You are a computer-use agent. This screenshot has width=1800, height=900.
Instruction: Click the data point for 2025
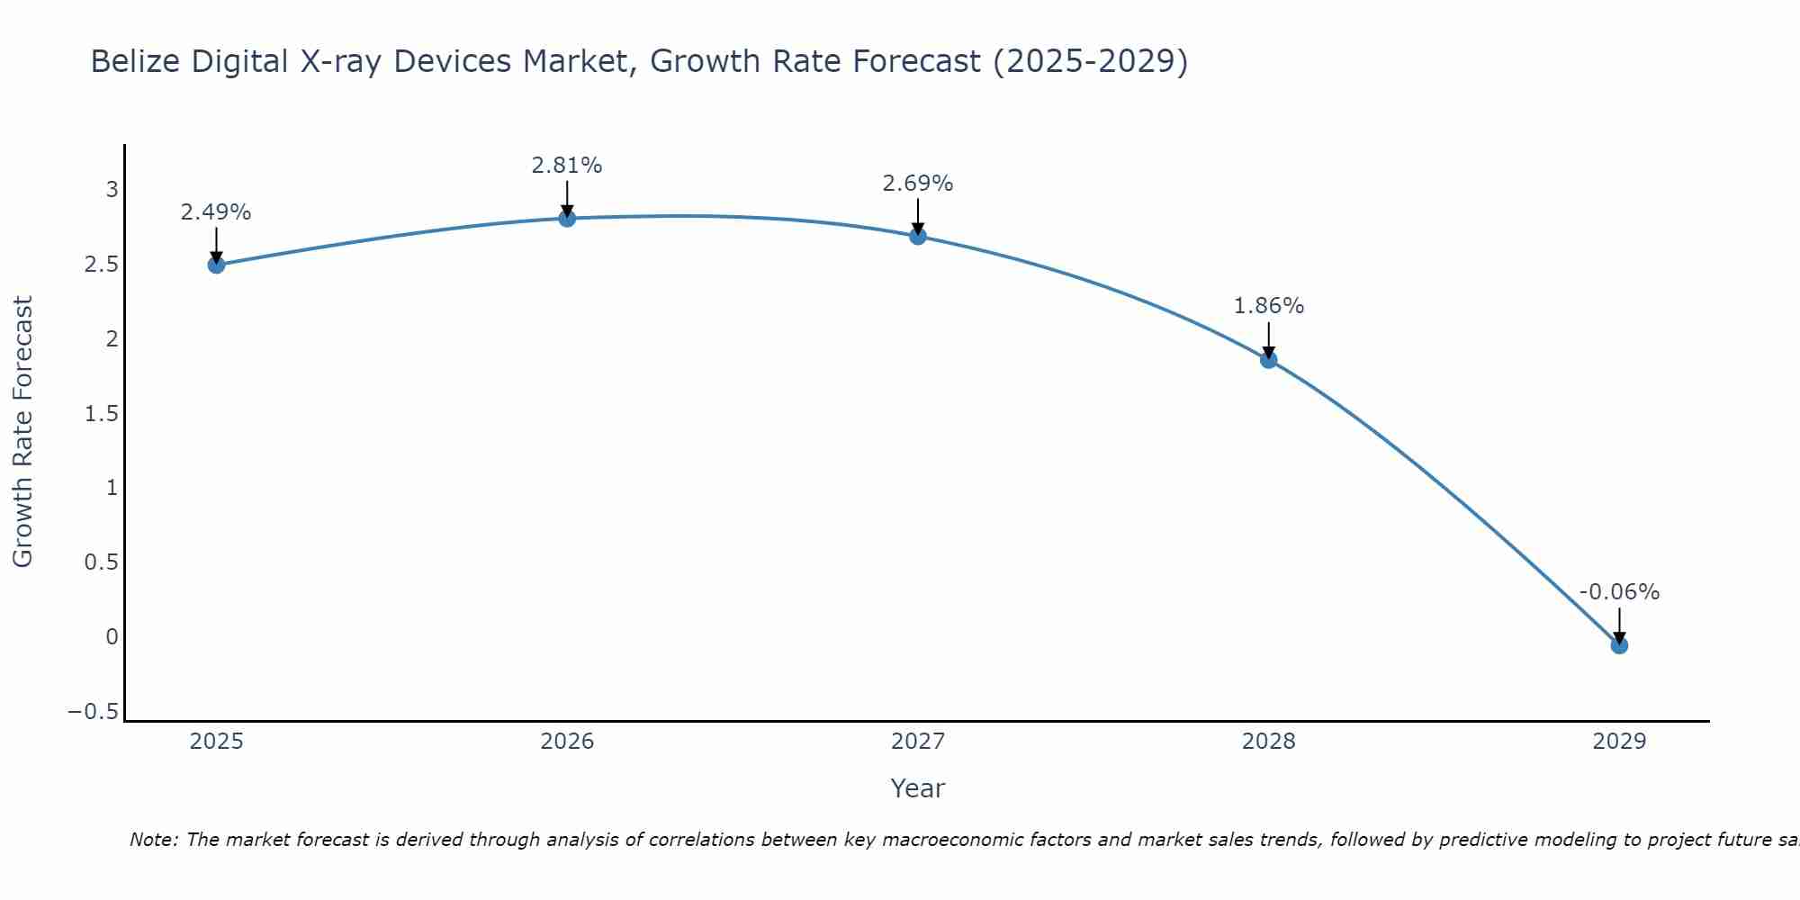coord(216,265)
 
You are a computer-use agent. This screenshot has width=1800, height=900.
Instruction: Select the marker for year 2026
coord(567,218)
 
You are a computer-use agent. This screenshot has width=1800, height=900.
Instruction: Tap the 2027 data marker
coord(918,237)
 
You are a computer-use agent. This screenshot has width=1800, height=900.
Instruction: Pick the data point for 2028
coord(1269,360)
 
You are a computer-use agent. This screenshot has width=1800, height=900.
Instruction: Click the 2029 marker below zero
coord(1619,645)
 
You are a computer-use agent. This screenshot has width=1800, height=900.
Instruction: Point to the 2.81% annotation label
coord(567,166)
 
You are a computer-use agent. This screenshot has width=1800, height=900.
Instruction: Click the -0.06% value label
coord(1619,592)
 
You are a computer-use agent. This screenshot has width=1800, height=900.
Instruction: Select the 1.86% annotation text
coord(1269,306)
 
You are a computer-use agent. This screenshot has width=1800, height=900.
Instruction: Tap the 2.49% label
coord(216,212)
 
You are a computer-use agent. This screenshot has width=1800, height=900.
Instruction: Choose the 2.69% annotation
coord(918,184)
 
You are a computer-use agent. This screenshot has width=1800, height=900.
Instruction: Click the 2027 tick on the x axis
coord(918,742)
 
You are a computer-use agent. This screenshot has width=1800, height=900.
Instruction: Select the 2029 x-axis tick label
coord(1619,742)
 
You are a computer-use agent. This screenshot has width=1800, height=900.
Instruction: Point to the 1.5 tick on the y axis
coord(102,413)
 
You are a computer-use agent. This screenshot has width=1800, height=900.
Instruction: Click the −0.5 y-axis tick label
coord(93,712)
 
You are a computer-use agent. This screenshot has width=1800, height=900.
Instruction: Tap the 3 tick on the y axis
coord(112,189)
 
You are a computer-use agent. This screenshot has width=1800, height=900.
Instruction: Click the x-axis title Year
coord(918,788)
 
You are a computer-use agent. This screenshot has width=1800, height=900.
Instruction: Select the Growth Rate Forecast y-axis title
coord(22,432)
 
